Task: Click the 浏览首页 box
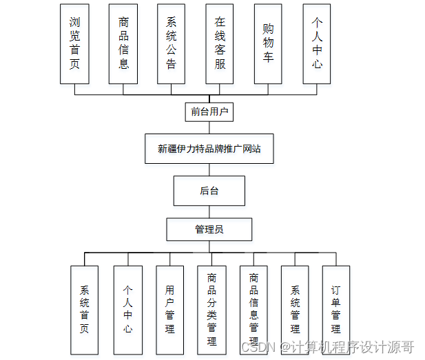pyautogui.click(x=74, y=43)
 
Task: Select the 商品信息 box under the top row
pyautogui.click(x=123, y=43)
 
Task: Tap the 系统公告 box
pyautogui.click(x=171, y=43)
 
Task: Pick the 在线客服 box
pyautogui.click(x=220, y=43)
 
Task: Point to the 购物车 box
pyautogui.click(x=268, y=43)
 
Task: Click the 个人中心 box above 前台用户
pyautogui.click(x=316, y=43)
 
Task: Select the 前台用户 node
pyautogui.click(x=209, y=111)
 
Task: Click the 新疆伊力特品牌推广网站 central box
pyautogui.click(x=209, y=149)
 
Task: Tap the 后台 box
pyautogui.click(x=209, y=191)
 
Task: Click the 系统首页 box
pyautogui.click(x=85, y=310)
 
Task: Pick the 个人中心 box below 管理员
pyautogui.click(x=127, y=310)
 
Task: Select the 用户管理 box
pyautogui.click(x=169, y=310)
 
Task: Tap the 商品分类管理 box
pyautogui.click(x=211, y=310)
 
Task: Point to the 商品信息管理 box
pyautogui.click(x=253, y=310)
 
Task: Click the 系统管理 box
pyautogui.click(x=295, y=310)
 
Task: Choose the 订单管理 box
pyautogui.click(x=335, y=310)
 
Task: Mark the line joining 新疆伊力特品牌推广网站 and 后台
pyautogui.click(x=209, y=170)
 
